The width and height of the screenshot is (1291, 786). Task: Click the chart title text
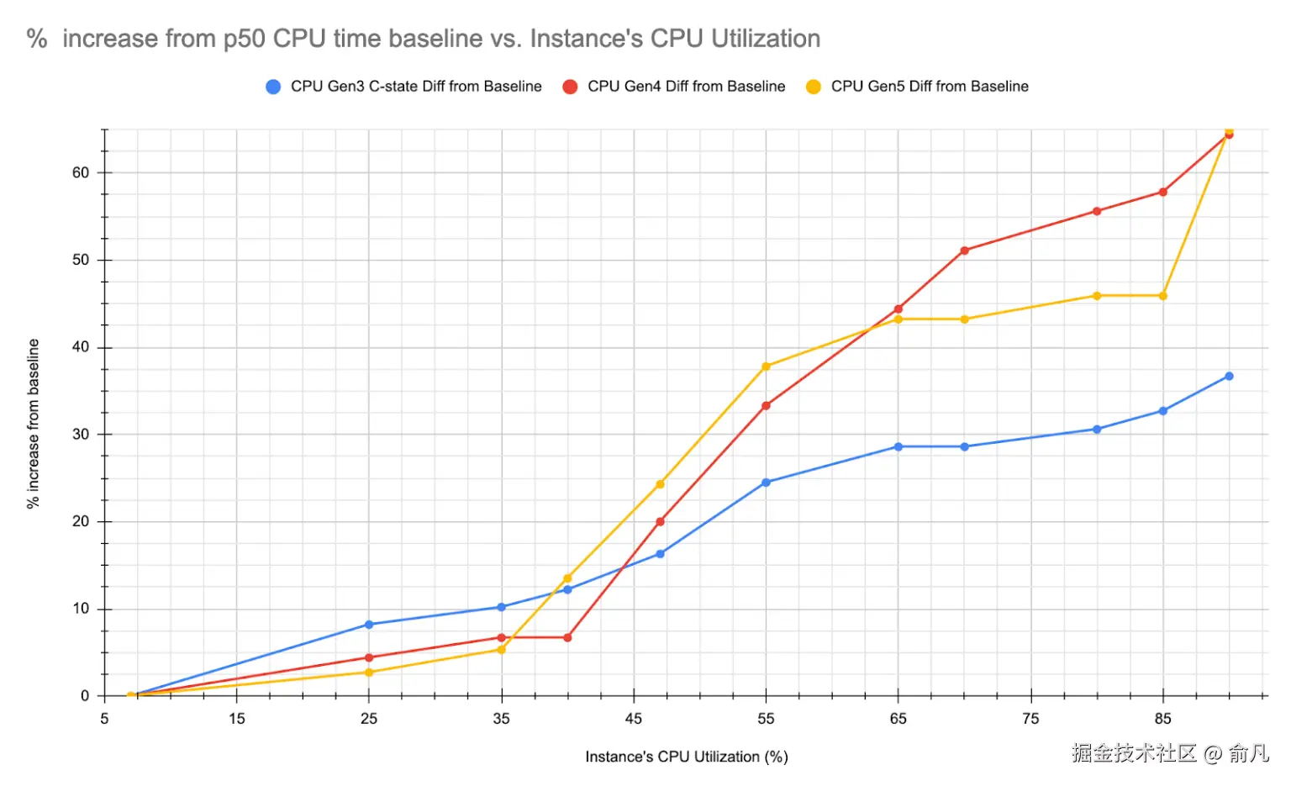click(424, 39)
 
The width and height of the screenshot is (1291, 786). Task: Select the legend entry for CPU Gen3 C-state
click(415, 87)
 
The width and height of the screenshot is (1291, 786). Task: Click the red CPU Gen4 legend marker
click(570, 87)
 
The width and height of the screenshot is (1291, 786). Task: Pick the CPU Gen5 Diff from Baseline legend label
click(929, 87)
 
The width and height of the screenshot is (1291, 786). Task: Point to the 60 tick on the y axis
click(81, 173)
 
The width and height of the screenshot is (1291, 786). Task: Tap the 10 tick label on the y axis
click(81, 609)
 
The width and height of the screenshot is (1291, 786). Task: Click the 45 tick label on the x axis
click(633, 719)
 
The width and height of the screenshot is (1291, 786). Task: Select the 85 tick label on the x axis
click(1162, 719)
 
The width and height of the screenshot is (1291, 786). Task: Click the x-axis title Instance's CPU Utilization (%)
click(686, 757)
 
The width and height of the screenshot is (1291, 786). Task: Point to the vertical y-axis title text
click(33, 423)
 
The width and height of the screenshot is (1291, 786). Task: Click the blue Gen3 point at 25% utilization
click(369, 625)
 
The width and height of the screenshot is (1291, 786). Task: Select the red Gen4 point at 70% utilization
click(964, 251)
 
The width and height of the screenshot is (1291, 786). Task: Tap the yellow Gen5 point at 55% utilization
click(766, 367)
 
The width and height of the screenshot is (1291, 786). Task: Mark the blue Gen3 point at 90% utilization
click(1229, 376)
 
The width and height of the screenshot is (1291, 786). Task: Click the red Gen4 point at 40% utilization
click(567, 637)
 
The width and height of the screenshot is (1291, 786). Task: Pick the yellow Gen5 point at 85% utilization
click(1162, 296)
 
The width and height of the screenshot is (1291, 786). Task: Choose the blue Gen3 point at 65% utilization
click(898, 446)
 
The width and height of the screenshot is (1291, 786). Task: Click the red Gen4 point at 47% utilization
click(660, 521)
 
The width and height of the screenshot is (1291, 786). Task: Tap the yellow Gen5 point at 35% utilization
click(502, 649)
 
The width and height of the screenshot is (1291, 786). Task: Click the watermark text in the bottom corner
click(1169, 753)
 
